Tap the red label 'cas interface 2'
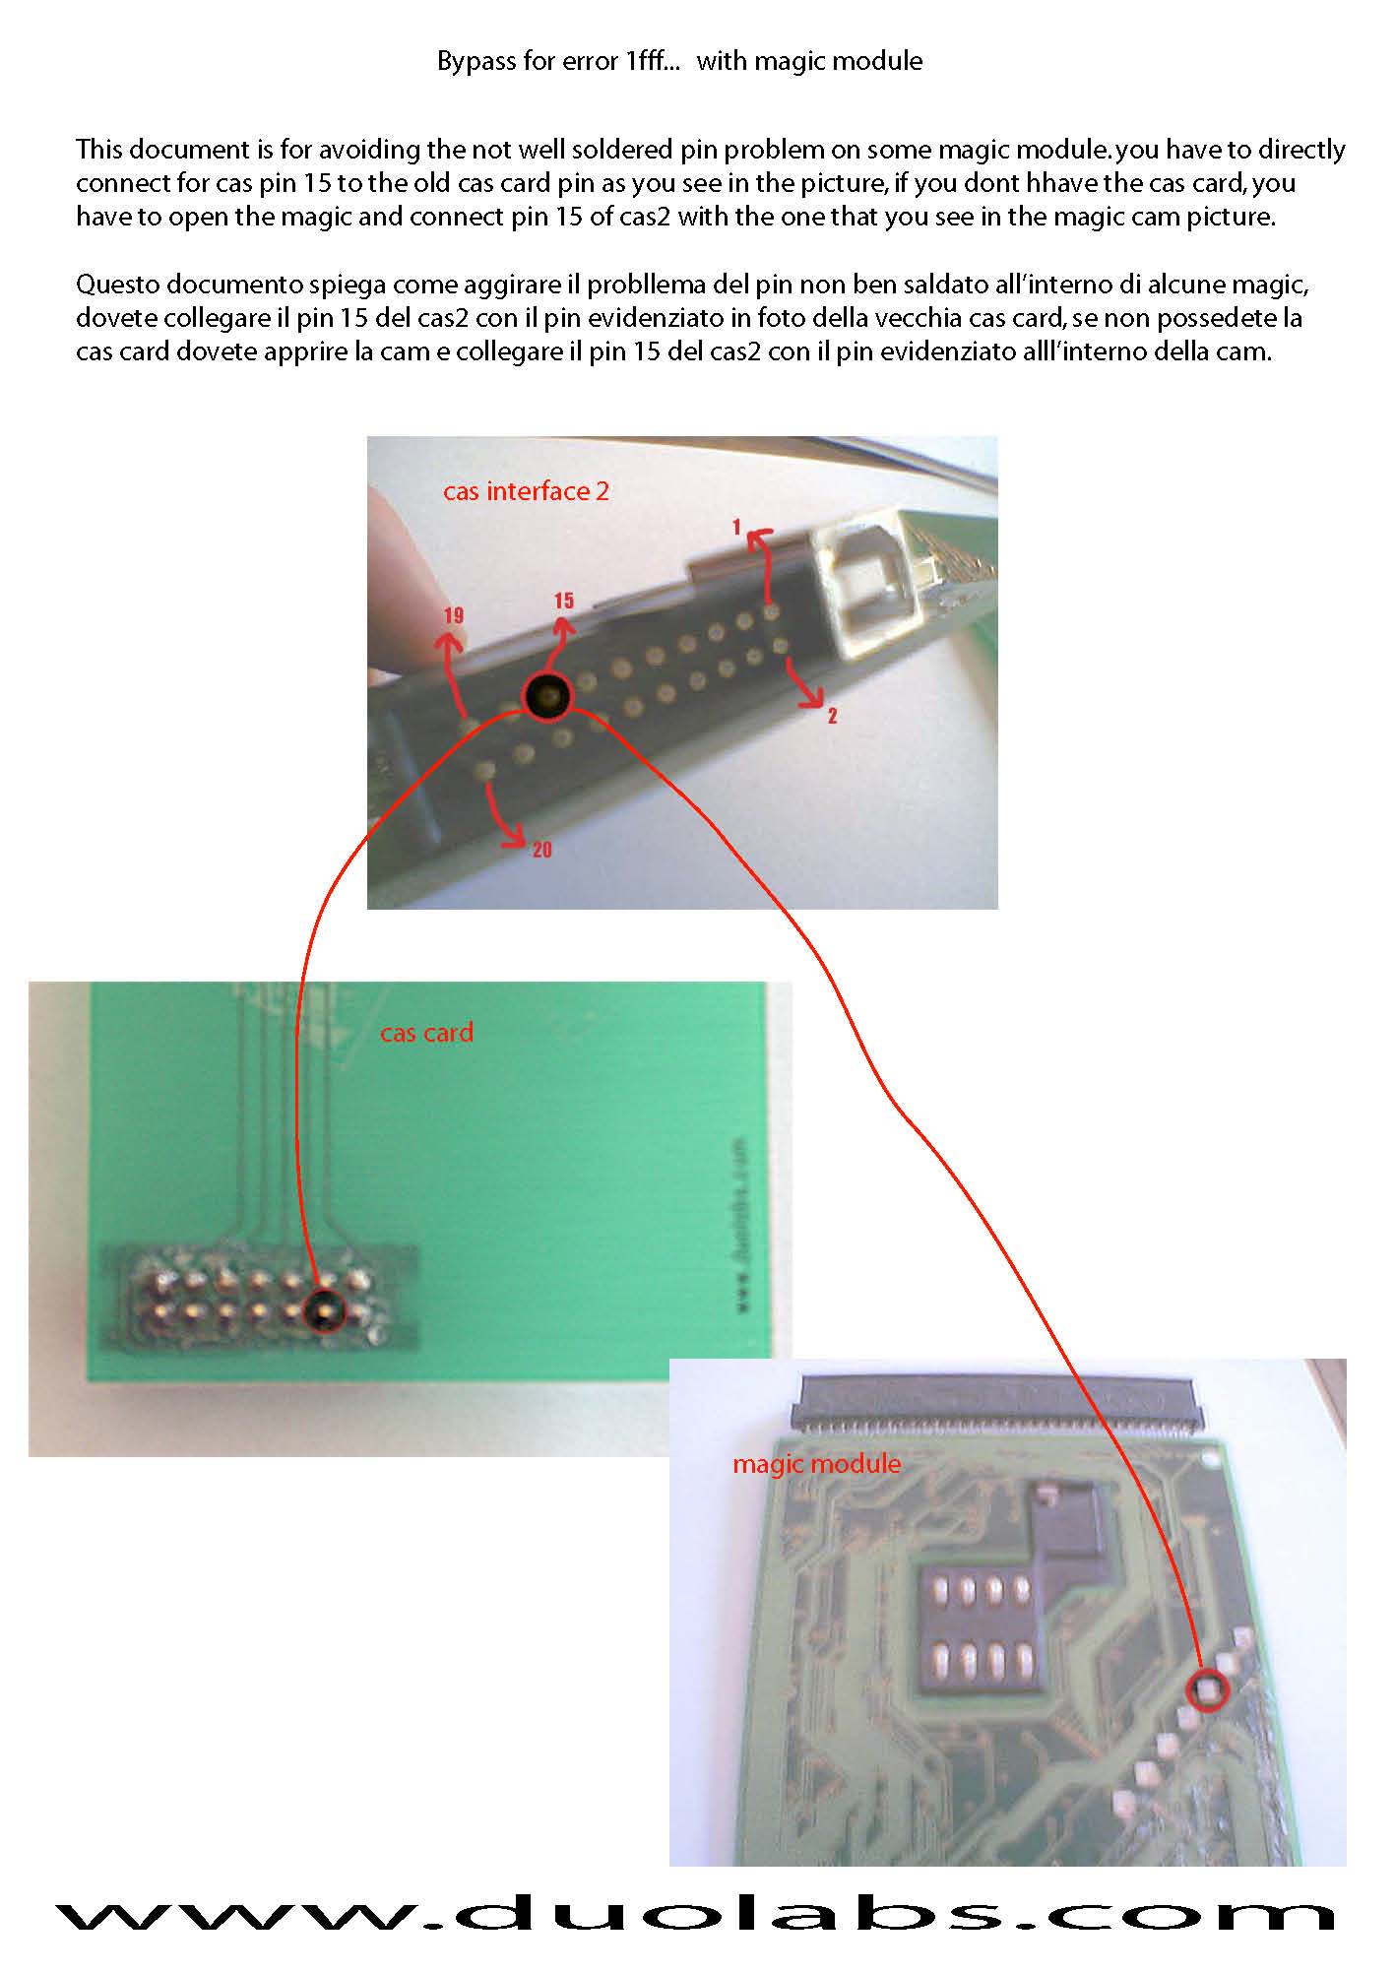pyautogui.click(x=526, y=491)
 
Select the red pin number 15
pyautogui.click(x=564, y=601)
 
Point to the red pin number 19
pyautogui.click(x=453, y=616)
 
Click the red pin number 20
pyautogui.click(x=542, y=849)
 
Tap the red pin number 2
pyautogui.click(x=832, y=716)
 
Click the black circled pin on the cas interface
pyautogui.click(x=547, y=696)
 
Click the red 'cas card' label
pyautogui.click(x=426, y=1033)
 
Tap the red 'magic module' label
pyautogui.click(x=816, y=1464)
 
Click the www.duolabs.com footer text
pyautogui.click(x=695, y=1913)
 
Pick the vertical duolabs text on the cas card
pyautogui.click(x=740, y=1225)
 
